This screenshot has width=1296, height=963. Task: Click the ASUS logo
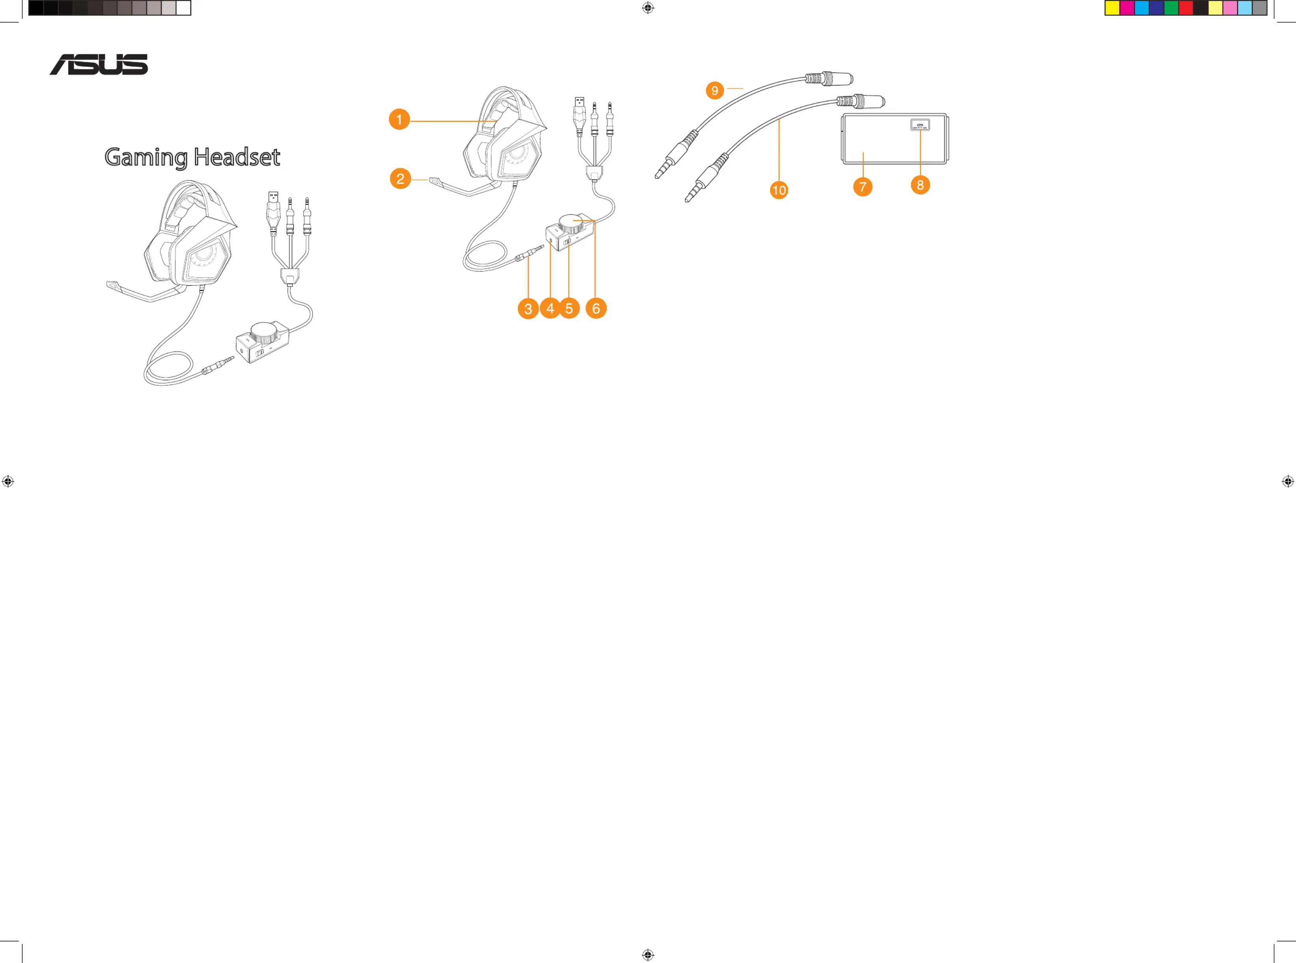point(99,64)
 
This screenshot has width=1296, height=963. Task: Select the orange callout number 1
point(399,119)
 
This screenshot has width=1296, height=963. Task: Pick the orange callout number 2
point(400,178)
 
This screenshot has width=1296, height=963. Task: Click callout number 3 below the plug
point(528,309)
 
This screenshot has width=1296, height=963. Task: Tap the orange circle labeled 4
point(550,309)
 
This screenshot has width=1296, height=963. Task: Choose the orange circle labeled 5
point(569,309)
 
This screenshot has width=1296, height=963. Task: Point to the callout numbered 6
point(596,309)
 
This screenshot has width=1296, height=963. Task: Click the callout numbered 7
point(863,187)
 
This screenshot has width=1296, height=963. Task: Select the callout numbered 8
point(920,185)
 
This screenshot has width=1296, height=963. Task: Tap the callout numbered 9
point(714,90)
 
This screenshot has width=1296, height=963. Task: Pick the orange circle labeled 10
point(779,190)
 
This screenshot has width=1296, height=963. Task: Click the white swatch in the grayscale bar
point(183,7)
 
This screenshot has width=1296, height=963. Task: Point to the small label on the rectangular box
point(920,125)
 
